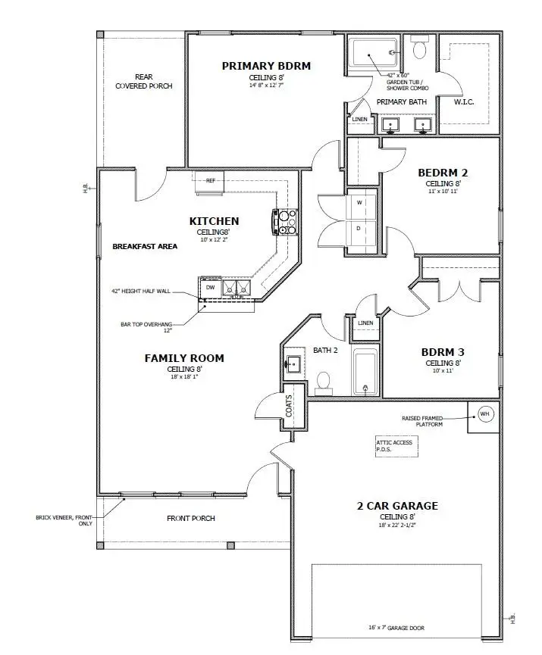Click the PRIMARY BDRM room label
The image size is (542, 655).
point(266,66)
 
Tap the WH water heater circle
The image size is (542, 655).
point(484,414)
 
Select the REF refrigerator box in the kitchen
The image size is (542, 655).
point(210,181)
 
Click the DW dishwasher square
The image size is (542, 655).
point(210,287)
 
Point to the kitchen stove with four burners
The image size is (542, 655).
point(287,222)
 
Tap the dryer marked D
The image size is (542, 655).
point(360,227)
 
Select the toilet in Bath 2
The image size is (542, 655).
point(324,381)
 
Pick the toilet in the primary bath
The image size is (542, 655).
point(419,50)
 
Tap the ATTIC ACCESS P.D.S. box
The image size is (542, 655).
point(395,445)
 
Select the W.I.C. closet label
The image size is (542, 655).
point(463,102)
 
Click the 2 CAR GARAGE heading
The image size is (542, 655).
point(397,506)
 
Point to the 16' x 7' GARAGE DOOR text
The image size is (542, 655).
point(396,628)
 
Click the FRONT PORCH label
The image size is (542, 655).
point(191,519)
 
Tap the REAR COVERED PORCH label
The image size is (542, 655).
point(143,82)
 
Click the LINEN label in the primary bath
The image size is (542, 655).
point(359,119)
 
